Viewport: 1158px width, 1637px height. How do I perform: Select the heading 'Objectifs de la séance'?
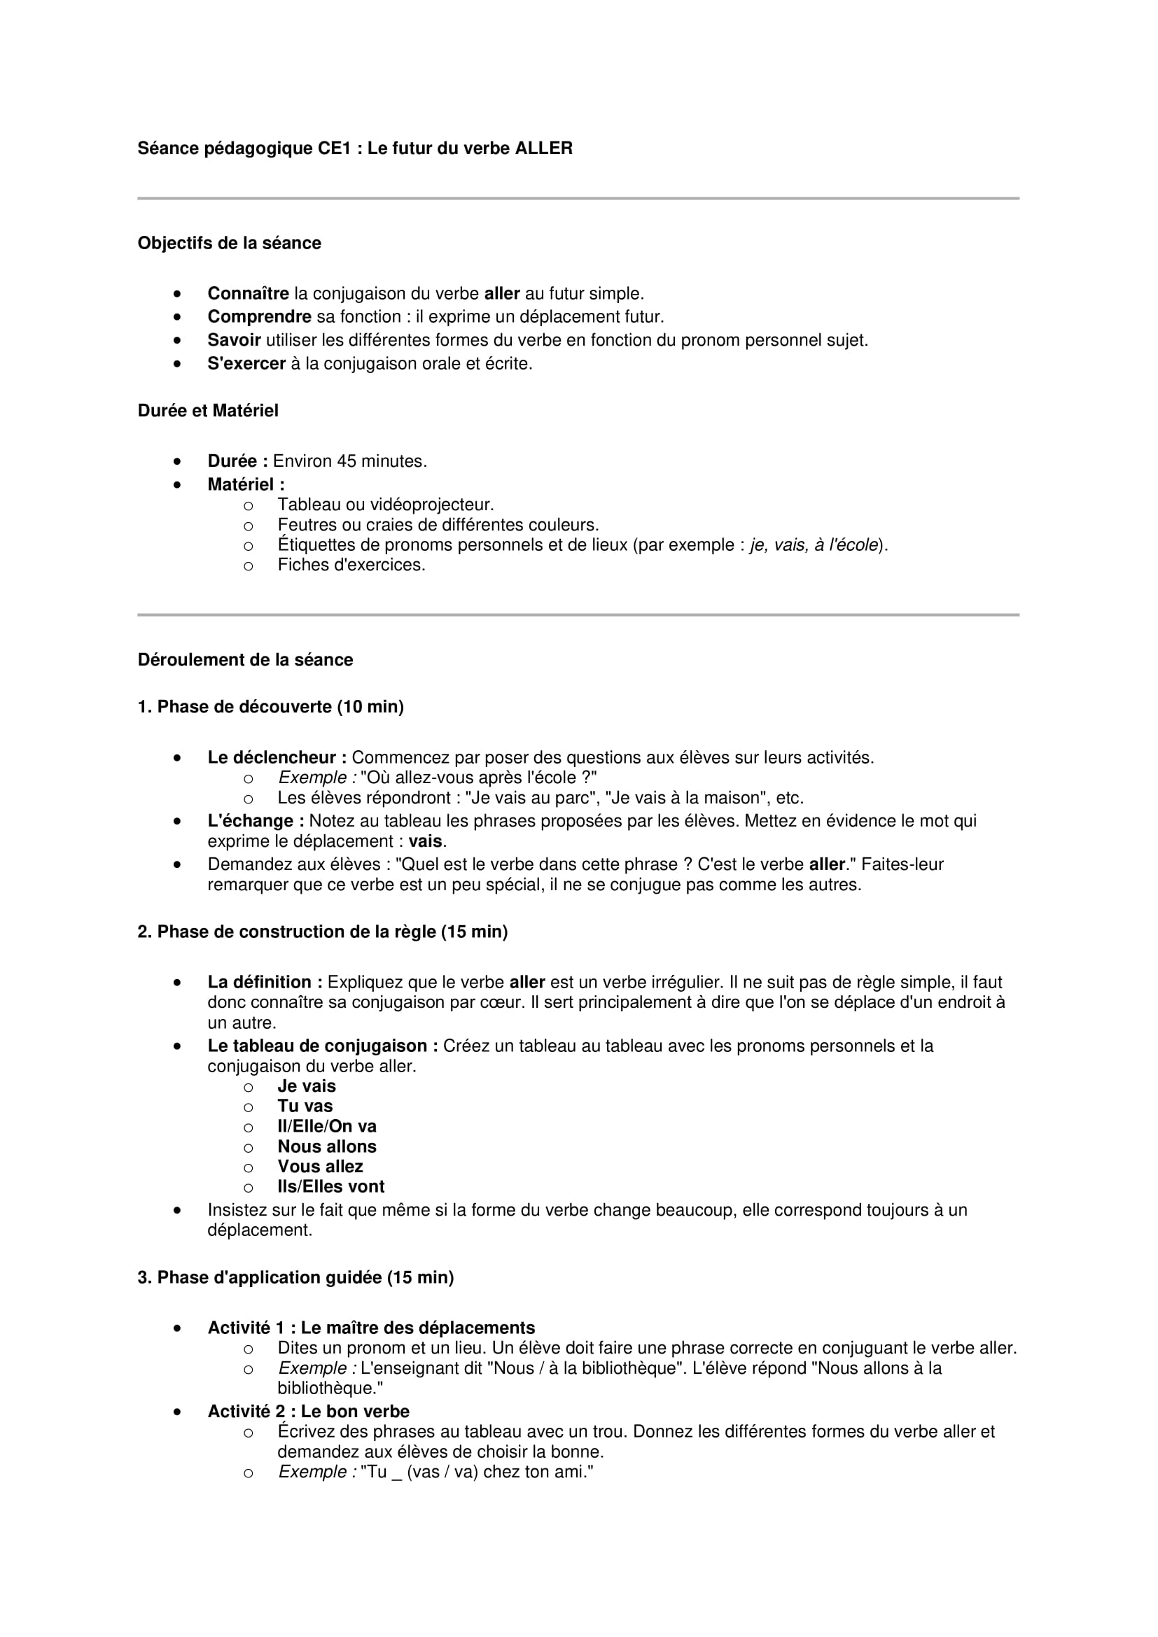point(229,243)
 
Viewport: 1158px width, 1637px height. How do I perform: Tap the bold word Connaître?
point(248,294)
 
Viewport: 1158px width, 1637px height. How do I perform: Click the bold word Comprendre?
point(259,316)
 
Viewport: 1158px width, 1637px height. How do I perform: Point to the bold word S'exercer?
point(246,364)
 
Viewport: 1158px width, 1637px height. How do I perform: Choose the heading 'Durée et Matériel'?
point(207,411)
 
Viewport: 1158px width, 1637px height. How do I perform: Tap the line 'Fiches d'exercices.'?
point(351,565)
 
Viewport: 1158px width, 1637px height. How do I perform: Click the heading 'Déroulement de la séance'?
point(245,659)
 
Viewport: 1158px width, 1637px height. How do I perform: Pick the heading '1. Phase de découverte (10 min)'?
point(270,707)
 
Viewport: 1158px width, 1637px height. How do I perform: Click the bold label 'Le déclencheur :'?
point(277,757)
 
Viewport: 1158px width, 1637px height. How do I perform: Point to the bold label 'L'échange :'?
point(256,821)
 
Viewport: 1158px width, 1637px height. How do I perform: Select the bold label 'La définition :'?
point(265,982)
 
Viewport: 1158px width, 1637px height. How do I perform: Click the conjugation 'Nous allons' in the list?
point(326,1146)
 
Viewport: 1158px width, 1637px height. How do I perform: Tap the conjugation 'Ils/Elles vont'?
point(331,1186)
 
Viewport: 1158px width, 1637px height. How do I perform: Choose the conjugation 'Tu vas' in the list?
point(305,1106)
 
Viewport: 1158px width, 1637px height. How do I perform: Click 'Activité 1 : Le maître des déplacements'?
point(371,1328)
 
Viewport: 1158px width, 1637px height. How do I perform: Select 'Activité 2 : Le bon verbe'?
point(308,1411)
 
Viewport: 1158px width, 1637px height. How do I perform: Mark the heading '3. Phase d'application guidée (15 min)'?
point(295,1277)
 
